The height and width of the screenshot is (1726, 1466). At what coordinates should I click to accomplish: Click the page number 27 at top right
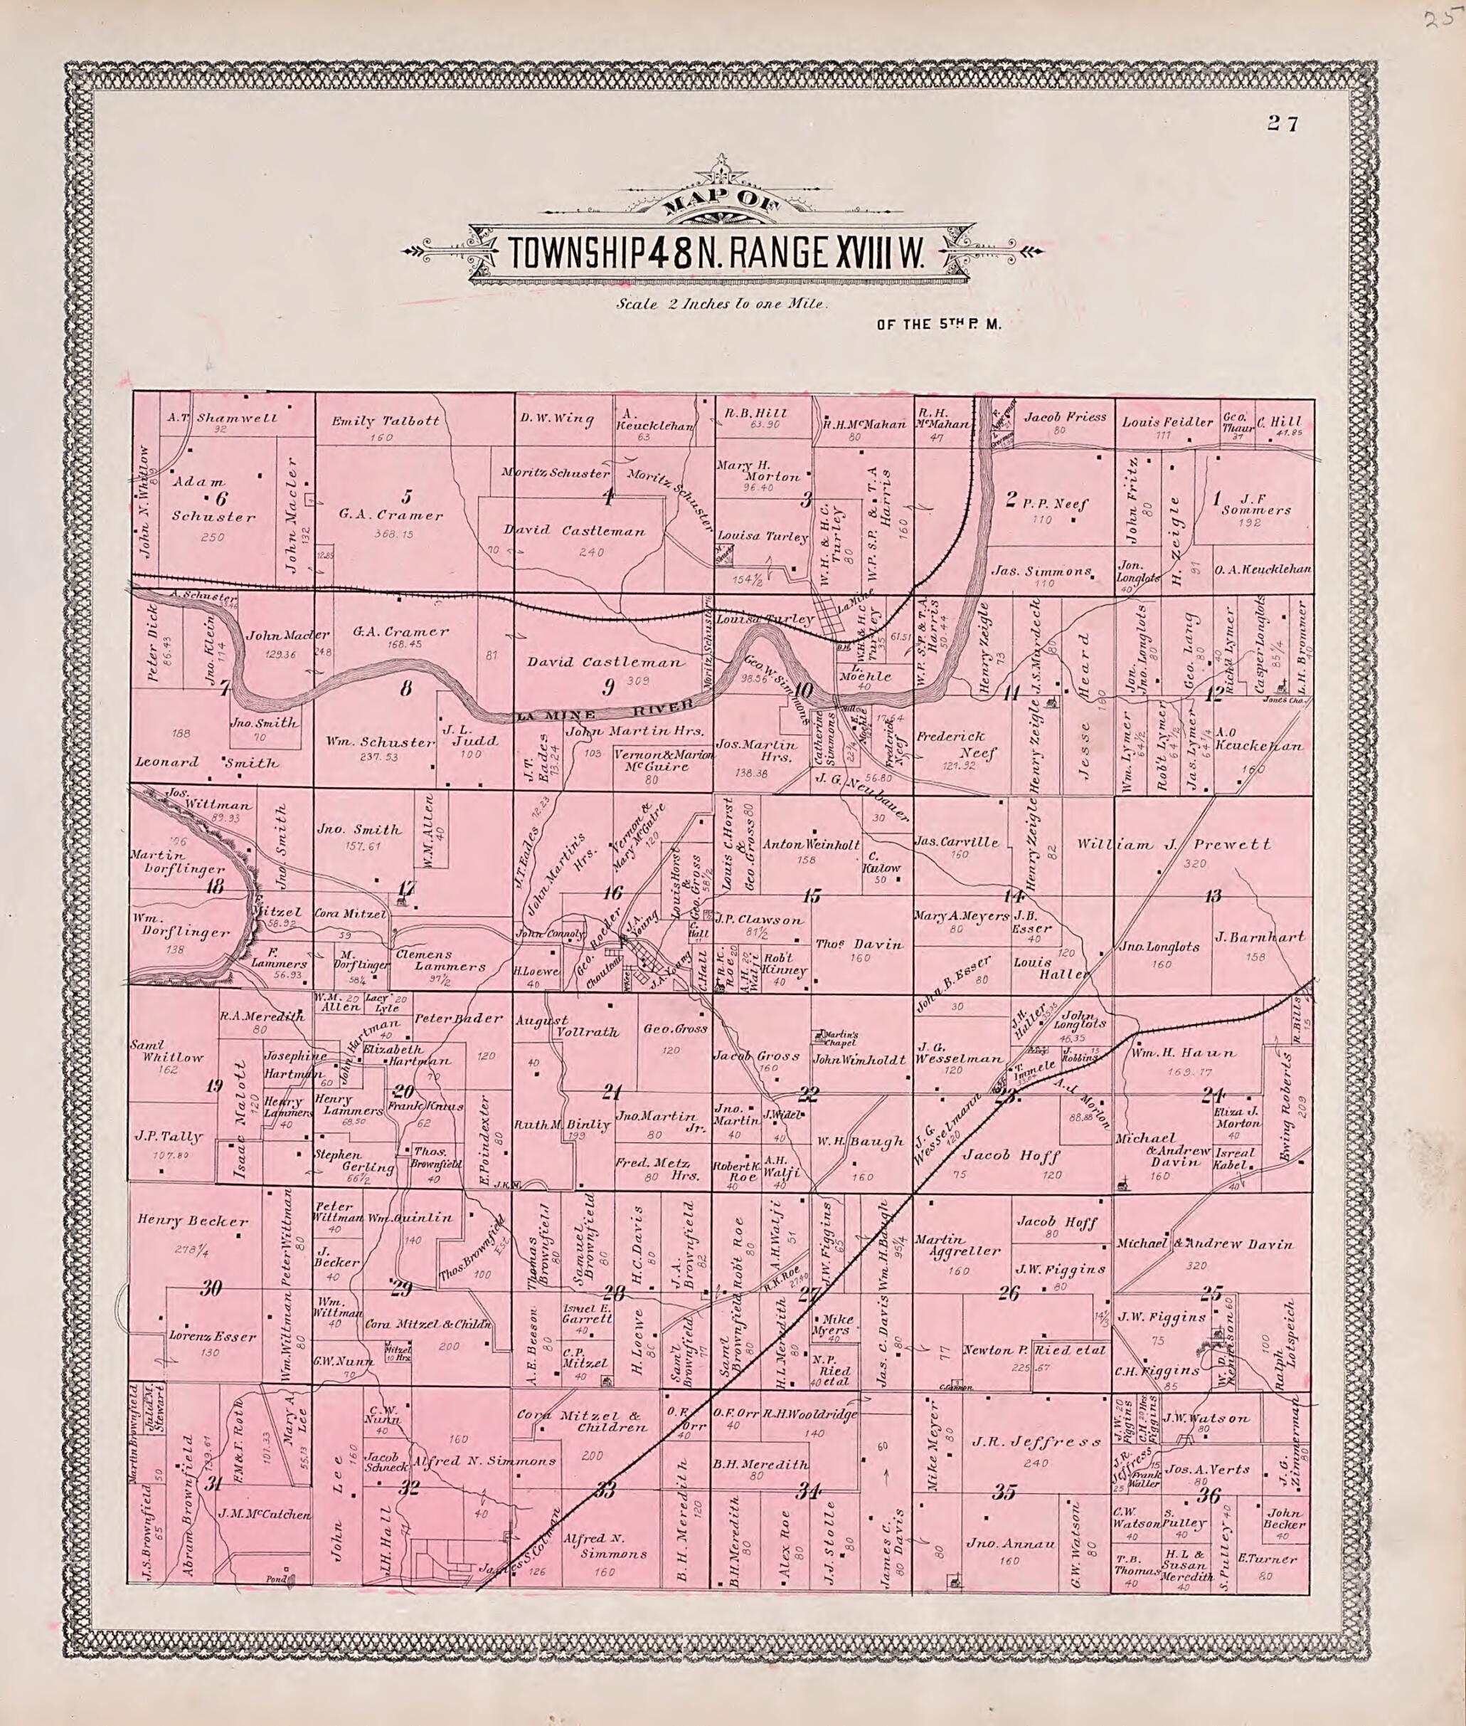pos(1282,125)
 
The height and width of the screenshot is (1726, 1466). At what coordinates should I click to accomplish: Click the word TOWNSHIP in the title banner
pos(575,253)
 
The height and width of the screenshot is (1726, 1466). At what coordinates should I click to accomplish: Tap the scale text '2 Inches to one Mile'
pos(721,305)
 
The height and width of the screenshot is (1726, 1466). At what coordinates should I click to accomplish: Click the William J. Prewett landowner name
pos(1174,845)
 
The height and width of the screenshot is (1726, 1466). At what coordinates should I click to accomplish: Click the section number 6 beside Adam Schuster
pos(221,499)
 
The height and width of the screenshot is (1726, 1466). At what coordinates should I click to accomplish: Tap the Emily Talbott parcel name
pos(386,421)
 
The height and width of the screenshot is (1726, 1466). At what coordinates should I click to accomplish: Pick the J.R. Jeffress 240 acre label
pos(1037,1443)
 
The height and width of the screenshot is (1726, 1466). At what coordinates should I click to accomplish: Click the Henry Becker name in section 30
pos(193,1221)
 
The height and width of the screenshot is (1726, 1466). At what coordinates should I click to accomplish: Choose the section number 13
pos(1213,896)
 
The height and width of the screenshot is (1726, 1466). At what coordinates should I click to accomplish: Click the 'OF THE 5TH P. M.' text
pos(939,325)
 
